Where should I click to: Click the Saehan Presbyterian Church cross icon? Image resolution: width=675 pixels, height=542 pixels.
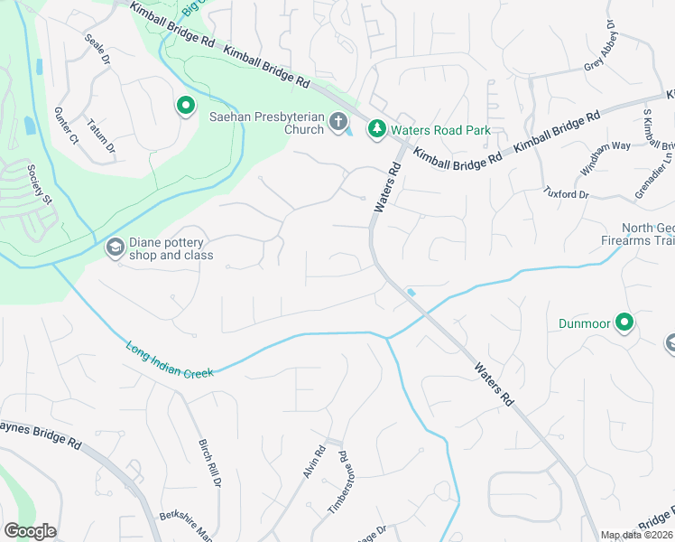(338, 121)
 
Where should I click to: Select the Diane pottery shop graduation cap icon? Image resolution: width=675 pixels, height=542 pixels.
(115, 248)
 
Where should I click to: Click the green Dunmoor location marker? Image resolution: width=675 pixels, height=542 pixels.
(624, 322)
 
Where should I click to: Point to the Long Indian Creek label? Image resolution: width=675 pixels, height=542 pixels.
(169, 359)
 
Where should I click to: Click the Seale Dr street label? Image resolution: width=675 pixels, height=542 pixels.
(97, 50)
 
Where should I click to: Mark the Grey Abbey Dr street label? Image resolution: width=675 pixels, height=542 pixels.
(602, 51)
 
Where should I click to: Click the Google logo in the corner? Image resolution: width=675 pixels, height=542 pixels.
(30, 531)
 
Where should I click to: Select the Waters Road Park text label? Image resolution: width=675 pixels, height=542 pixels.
(441, 130)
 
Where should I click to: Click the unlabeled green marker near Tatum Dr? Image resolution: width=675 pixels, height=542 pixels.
(185, 107)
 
